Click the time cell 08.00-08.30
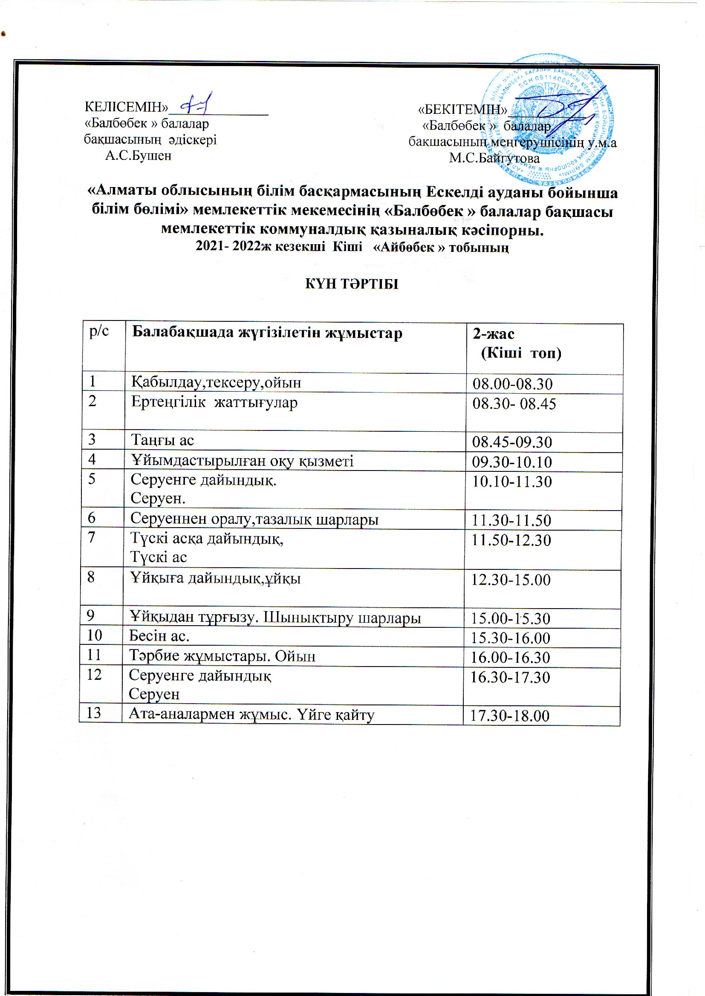tap(512, 384)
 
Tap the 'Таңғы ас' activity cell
tap(162, 441)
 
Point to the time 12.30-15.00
tap(511, 580)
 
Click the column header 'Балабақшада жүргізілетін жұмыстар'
tap(267, 333)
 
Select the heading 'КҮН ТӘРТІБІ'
tap(352, 284)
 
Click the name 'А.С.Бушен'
tap(138, 156)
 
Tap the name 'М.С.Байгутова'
tap(494, 159)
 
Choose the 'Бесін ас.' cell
tap(159, 636)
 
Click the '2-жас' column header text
tap(494, 334)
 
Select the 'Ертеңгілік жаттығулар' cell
tap(214, 403)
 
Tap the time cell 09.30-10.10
tap(512, 462)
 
